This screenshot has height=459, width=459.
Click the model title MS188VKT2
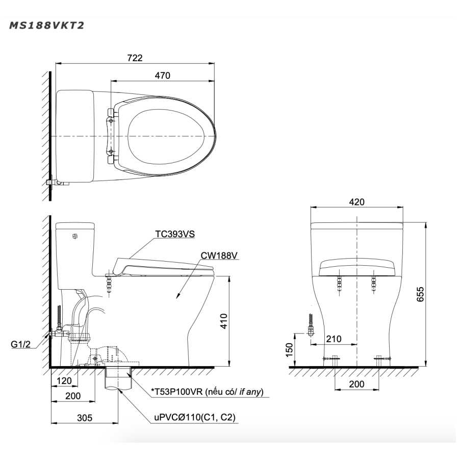click(x=47, y=25)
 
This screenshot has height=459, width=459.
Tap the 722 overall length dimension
click(x=135, y=58)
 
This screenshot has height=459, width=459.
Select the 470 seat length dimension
click(x=163, y=75)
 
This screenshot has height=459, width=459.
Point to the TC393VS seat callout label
click(x=175, y=234)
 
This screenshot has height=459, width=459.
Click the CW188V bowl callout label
click(x=219, y=256)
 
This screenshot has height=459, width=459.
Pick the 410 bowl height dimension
click(x=224, y=321)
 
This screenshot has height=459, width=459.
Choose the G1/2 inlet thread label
click(x=20, y=344)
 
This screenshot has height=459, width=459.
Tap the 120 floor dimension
click(x=64, y=380)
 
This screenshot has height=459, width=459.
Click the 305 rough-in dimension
click(x=85, y=418)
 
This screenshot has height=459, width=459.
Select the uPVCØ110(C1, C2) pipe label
click(x=195, y=417)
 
